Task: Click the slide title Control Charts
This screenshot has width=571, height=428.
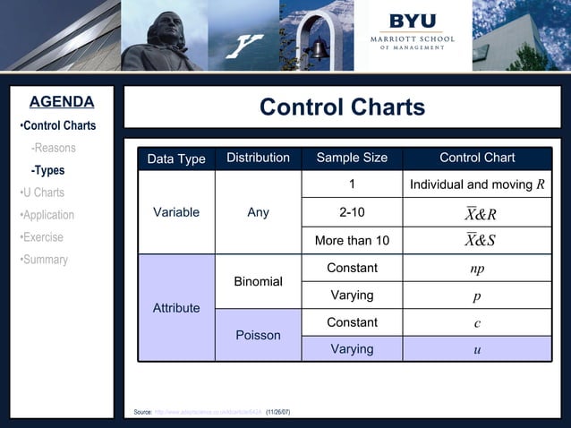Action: coord(342,108)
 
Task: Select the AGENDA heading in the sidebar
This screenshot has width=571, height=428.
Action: coord(61,101)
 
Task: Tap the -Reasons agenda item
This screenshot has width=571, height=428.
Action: coord(53,148)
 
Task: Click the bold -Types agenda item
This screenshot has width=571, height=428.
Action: coord(47,170)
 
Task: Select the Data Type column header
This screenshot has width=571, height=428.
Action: coord(176,158)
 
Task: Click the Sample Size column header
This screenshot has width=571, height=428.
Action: coord(352,158)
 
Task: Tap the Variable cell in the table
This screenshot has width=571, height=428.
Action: coord(176,213)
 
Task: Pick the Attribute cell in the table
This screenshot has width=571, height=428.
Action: coord(176,307)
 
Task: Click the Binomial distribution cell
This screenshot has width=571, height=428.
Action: coord(258,281)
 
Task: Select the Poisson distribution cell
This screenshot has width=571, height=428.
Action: coord(258,335)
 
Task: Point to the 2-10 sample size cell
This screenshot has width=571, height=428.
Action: coord(352,213)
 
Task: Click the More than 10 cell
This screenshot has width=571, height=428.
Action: coord(352,240)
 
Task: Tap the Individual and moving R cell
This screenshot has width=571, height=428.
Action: coord(477,185)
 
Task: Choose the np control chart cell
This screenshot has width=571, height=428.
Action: coord(477,268)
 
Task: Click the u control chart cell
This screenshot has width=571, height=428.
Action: coord(477,349)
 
